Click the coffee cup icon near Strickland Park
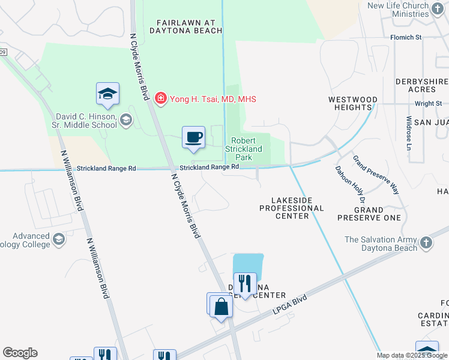click(x=194, y=137)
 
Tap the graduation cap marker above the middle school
click(x=107, y=94)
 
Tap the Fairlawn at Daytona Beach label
click(x=178, y=25)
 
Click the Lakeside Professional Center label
click(x=291, y=208)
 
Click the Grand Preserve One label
click(x=377, y=214)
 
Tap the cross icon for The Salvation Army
click(x=426, y=243)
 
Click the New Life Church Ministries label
click(x=408, y=10)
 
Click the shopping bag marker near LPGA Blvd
click(x=221, y=307)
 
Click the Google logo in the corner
click(x=20, y=353)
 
